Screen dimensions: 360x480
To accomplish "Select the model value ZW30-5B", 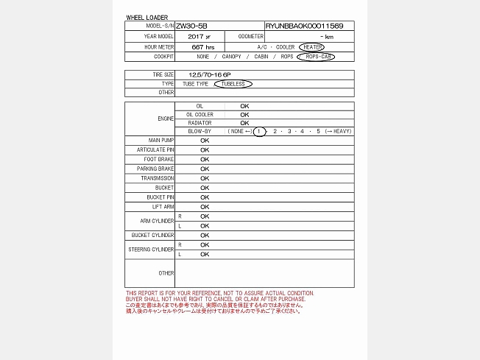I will [x=192, y=26].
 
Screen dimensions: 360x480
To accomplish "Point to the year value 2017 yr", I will [x=199, y=36].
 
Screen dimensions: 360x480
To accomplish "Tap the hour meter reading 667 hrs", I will [x=202, y=46].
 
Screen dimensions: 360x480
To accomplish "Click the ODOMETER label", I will [x=251, y=36].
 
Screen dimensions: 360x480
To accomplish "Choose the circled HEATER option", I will [x=312, y=46].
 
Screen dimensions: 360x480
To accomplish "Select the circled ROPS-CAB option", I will [x=316, y=57].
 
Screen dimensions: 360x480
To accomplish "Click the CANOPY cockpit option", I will [x=230, y=57].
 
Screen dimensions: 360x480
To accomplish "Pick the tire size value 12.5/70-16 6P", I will [x=209, y=74].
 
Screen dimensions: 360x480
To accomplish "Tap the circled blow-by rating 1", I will [x=259, y=131].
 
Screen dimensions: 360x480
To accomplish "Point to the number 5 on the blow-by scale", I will [x=318, y=131].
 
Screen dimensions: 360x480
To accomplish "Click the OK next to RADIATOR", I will [x=244, y=123].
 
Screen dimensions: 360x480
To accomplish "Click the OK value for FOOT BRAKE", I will [x=205, y=159].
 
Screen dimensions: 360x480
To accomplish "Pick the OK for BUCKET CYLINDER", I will [x=205, y=236].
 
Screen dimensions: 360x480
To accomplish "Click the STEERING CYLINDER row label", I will [x=151, y=250].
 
